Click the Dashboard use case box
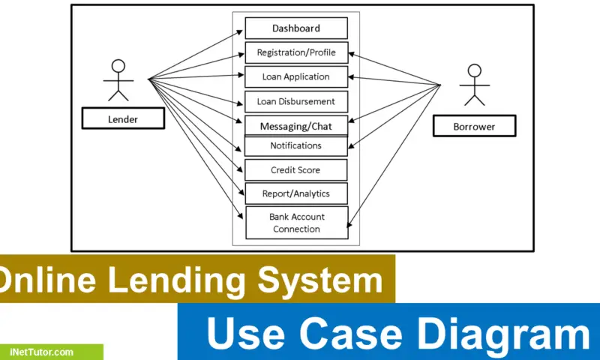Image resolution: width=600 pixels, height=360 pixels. [x=296, y=28]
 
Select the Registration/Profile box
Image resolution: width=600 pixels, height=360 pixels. [x=296, y=52]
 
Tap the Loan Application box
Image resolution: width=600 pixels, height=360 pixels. [x=296, y=76]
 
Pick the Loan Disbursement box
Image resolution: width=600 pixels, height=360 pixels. [x=296, y=101]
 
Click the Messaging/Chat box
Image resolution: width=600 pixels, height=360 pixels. [x=296, y=125]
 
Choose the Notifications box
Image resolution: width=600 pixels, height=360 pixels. [x=296, y=145]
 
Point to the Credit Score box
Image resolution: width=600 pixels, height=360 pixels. [x=296, y=169]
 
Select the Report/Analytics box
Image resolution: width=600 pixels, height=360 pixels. [x=296, y=193]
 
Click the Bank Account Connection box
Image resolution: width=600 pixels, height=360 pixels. [x=296, y=223]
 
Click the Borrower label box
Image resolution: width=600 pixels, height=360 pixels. [x=474, y=126]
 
